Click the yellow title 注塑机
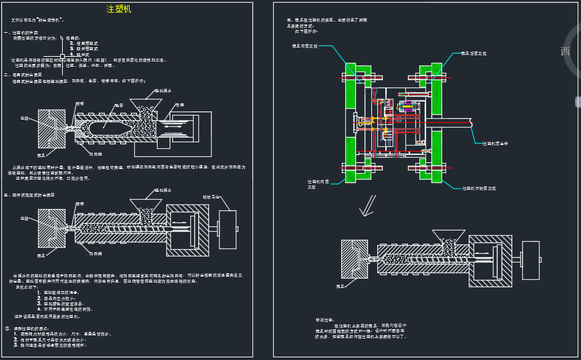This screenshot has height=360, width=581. (120, 9)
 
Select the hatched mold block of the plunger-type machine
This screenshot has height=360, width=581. (47, 129)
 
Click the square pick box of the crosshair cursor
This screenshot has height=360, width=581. (62, 55)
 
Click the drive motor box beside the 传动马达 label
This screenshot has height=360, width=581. (227, 230)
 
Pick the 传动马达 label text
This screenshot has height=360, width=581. (211, 197)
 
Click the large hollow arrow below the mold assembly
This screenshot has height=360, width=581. (367, 210)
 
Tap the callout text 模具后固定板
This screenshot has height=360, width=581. (475, 53)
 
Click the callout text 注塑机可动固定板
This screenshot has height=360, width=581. (479, 188)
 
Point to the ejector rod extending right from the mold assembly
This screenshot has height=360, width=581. (454, 124)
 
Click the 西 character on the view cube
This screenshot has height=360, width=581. (565, 51)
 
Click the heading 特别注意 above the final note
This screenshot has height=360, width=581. (324, 320)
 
